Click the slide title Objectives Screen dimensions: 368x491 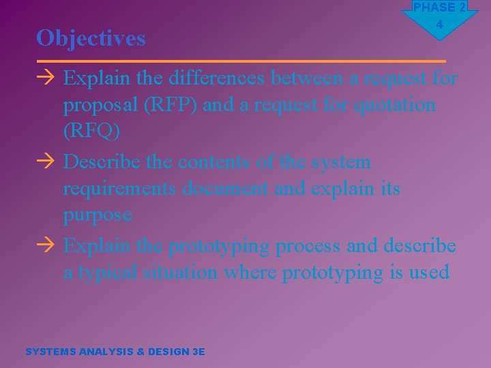click(91, 38)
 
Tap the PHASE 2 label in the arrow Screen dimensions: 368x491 click(439, 7)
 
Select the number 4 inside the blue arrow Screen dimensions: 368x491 click(439, 25)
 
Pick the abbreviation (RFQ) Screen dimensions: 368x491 click(91, 131)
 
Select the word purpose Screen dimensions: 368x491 click(98, 215)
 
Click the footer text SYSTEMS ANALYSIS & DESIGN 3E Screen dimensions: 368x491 click(115, 352)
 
